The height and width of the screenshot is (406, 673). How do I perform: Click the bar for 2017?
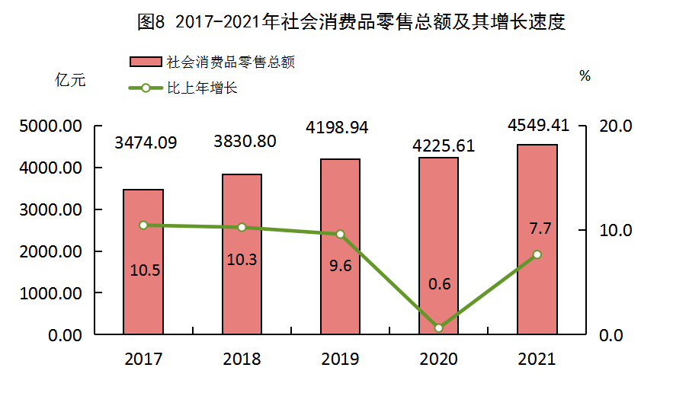pyautogui.click(x=143, y=261)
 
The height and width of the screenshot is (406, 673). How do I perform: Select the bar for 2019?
pyautogui.click(x=340, y=246)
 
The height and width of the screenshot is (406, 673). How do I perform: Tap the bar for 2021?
pyautogui.click(x=537, y=239)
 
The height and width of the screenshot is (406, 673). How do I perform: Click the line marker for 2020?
pyautogui.click(x=438, y=328)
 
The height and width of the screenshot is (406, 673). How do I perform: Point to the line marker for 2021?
pyautogui.click(x=537, y=254)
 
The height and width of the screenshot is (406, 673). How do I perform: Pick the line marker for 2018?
pyautogui.click(x=242, y=227)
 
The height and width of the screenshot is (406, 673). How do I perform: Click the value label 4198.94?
pyautogui.click(x=336, y=127)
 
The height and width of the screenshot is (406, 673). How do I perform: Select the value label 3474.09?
pyautogui.click(x=146, y=142)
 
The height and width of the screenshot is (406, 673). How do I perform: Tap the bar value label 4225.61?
pyautogui.click(x=443, y=145)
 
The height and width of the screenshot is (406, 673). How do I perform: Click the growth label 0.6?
pyautogui.click(x=440, y=284)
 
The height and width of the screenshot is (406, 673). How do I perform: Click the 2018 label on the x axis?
pyautogui.click(x=242, y=359)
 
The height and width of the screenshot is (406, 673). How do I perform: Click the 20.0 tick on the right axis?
pyautogui.click(x=617, y=126)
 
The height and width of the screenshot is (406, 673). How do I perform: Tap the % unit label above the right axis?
pyautogui.click(x=585, y=75)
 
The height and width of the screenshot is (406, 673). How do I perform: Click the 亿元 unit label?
pyautogui.click(x=70, y=79)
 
